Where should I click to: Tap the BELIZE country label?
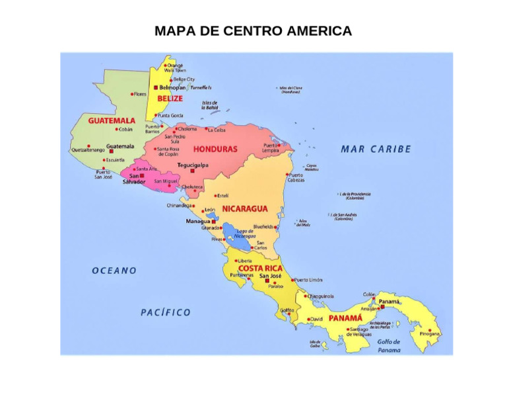(170, 99)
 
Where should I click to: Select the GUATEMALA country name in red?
(112, 121)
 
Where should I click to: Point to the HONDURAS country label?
(215, 150)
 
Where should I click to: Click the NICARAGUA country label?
(244, 208)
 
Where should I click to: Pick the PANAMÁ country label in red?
(346, 318)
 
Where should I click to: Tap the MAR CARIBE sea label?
(376, 149)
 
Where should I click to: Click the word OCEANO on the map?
(114, 271)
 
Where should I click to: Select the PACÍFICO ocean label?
(165, 312)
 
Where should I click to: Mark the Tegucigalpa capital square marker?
(193, 171)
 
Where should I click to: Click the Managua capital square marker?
(214, 222)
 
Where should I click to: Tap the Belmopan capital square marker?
(156, 87)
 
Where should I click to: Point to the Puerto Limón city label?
(308, 280)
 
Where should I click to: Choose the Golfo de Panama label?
(389, 345)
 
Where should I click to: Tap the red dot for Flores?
(132, 94)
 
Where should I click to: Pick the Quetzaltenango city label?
(88, 150)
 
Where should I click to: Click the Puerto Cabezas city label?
(296, 177)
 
